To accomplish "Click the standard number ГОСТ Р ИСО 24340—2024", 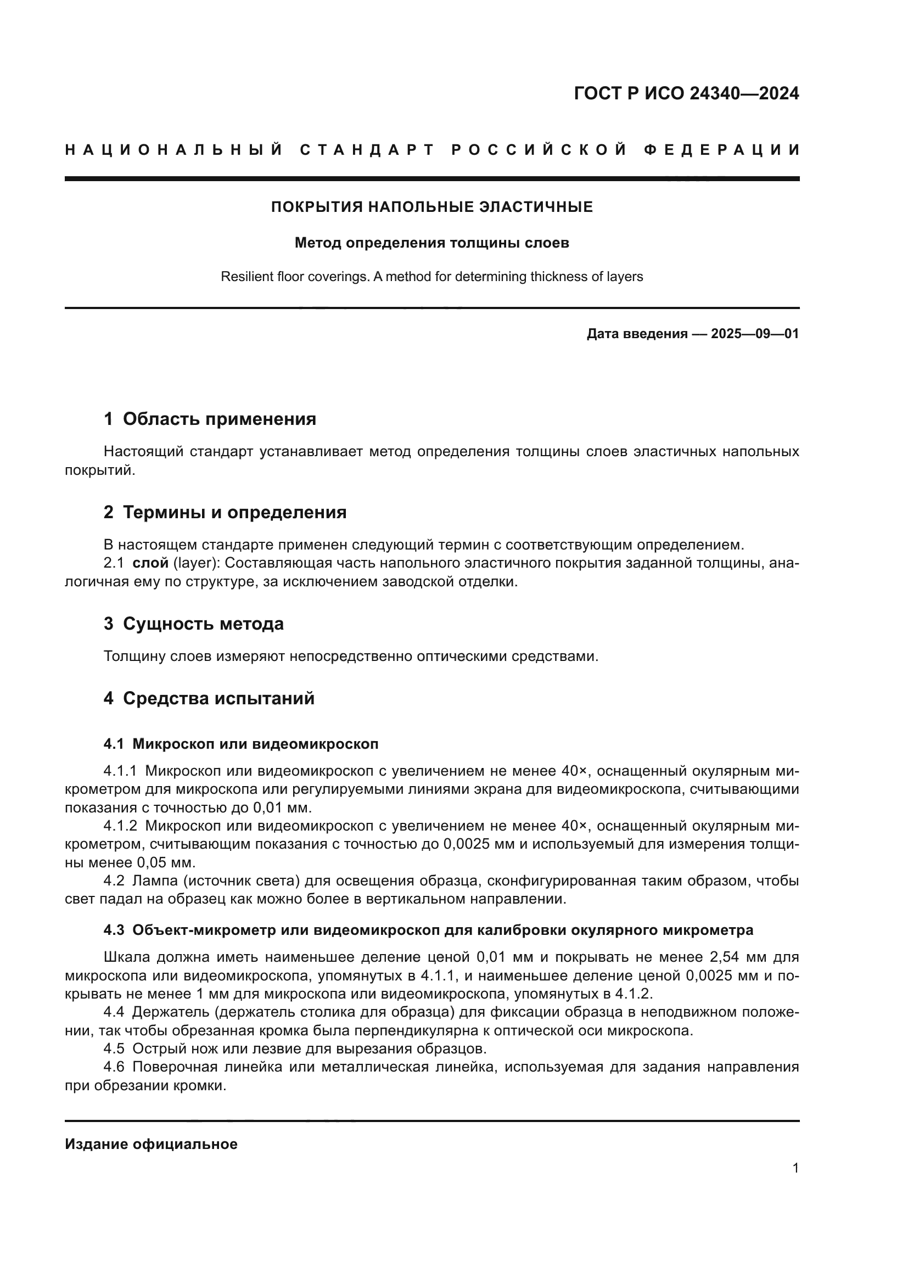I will pos(686,93).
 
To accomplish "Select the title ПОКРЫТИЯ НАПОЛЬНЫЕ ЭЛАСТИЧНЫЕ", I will pos(431,207).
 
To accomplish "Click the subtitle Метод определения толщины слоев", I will pos(431,243).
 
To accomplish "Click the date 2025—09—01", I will pos(754,334).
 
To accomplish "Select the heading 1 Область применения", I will pos(210,419).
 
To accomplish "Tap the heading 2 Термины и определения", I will pos(225,512).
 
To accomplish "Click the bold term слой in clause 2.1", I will pos(150,563).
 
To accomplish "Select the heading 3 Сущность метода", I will pos(193,624).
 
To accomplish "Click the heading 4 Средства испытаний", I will pos(209,698).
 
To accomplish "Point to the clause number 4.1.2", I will pos(120,827).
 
